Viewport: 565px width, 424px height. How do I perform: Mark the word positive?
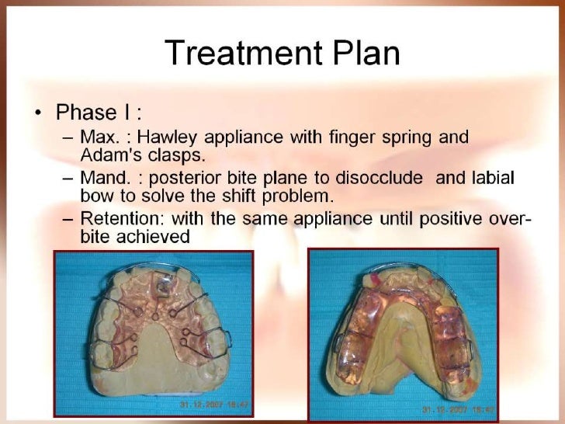coord(445,220)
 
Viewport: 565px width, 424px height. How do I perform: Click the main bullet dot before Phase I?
coord(37,113)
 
